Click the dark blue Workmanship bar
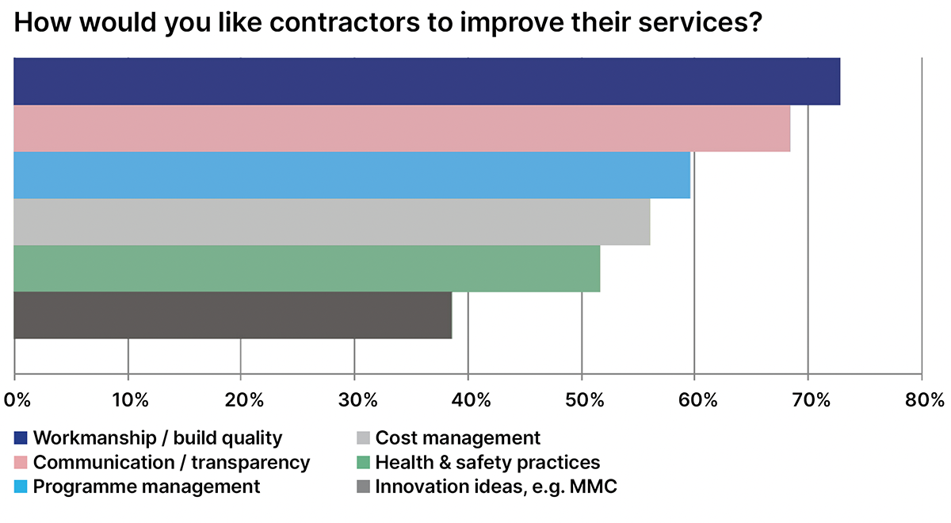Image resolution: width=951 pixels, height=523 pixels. click(x=426, y=82)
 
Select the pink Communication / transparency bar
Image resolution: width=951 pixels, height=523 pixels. click(x=402, y=128)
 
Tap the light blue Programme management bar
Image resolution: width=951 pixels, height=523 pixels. click(x=352, y=175)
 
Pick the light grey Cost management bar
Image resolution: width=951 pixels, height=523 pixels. click(x=331, y=222)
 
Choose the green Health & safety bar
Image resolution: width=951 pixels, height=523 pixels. click(x=307, y=269)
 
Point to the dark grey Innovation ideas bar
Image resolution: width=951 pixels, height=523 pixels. click(x=232, y=315)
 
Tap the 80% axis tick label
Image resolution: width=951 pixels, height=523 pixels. click(x=921, y=399)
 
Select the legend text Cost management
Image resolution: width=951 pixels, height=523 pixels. click(x=457, y=438)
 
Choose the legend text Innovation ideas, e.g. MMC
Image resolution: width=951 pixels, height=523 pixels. click(x=495, y=487)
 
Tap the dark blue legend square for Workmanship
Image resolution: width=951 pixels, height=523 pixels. click(x=21, y=438)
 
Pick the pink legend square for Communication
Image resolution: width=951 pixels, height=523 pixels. click(x=21, y=463)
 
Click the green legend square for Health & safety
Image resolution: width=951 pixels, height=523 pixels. click(x=363, y=463)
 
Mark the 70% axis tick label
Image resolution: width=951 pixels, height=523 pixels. click(x=808, y=399)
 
